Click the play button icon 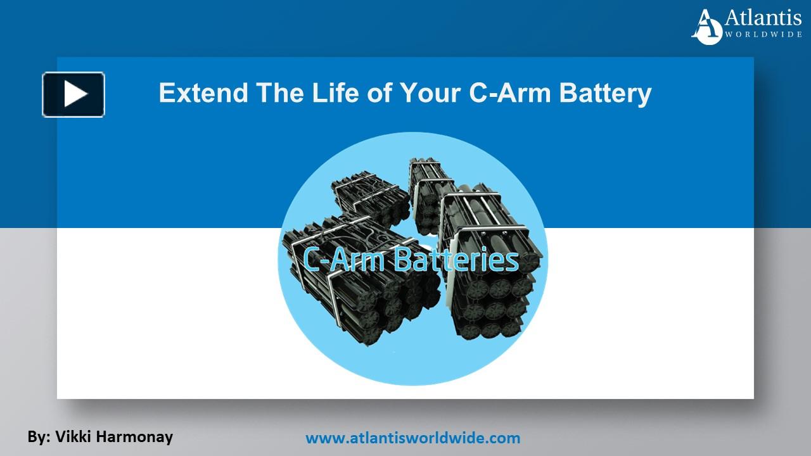click(73, 95)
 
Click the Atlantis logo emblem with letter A click(707, 27)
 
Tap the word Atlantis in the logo click(763, 18)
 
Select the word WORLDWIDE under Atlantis click(763, 34)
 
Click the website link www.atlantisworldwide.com click(412, 437)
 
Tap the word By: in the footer click(39, 436)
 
